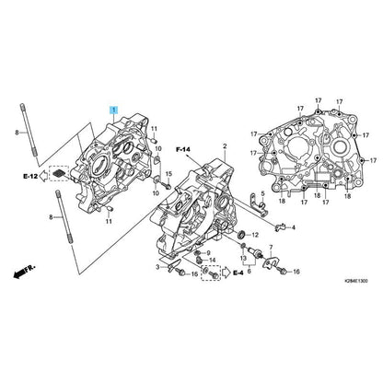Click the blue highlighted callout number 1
pyautogui.click(x=114, y=110)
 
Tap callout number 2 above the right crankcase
pyautogui.click(x=225, y=146)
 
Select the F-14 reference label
pyautogui.click(x=183, y=150)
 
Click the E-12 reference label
pyautogui.click(x=30, y=177)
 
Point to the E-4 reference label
pyautogui.click(x=238, y=273)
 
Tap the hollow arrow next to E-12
pyautogui.click(x=44, y=176)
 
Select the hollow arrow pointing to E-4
pyautogui.click(x=226, y=273)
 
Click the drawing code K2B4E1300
pyautogui.click(x=355, y=281)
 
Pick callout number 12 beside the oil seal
pyautogui.click(x=255, y=236)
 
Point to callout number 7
pyautogui.click(x=271, y=247)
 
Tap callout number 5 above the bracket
pyautogui.click(x=262, y=193)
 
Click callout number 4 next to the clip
pyautogui.click(x=294, y=227)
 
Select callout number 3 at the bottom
pyautogui.click(x=157, y=267)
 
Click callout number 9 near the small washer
pyautogui.click(x=208, y=253)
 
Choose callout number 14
pyautogui.click(x=213, y=261)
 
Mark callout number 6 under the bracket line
pyautogui.click(x=249, y=272)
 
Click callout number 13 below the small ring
pyautogui.click(x=243, y=258)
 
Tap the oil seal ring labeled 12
pyautogui.click(x=242, y=235)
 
